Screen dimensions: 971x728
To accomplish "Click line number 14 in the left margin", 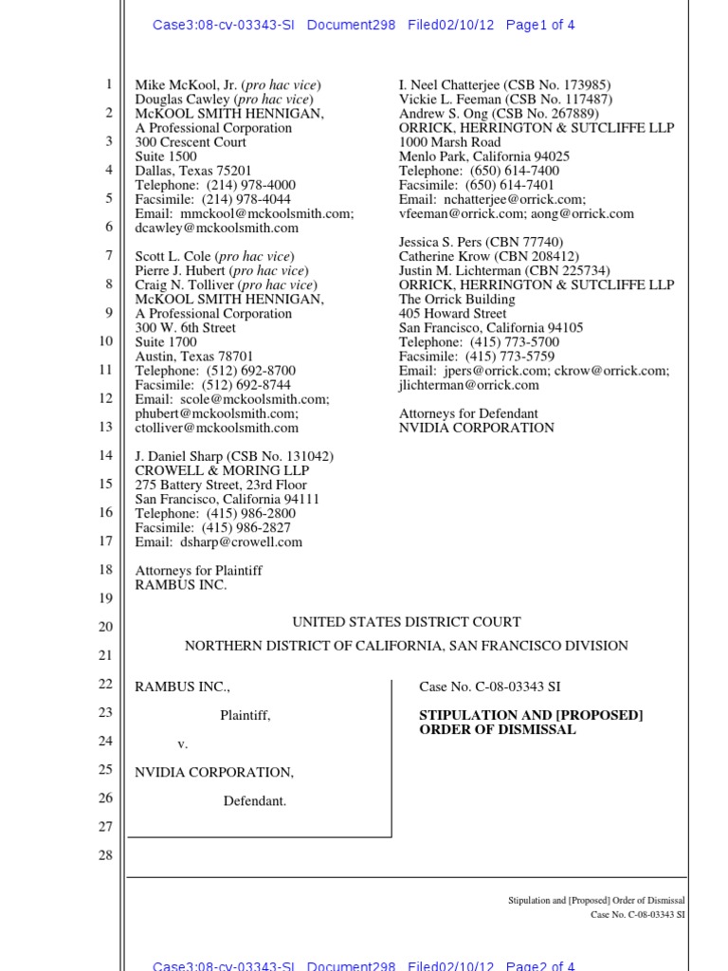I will click(x=105, y=455).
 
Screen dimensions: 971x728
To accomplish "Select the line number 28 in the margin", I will click(x=105, y=855).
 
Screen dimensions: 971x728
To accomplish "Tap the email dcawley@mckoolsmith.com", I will click(x=216, y=228).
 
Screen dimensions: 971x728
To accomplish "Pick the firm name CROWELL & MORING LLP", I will click(x=222, y=470).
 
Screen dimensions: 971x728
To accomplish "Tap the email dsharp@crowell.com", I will click(x=242, y=542).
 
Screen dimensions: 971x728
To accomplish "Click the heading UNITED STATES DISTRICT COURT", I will click(x=406, y=622).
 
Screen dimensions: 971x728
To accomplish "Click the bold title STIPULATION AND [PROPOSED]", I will click(x=531, y=715).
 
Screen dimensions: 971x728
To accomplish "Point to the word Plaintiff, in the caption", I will click(x=246, y=716).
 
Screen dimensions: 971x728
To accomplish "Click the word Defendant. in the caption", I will click(x=254, y=801).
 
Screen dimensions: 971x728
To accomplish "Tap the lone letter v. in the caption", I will click(x=183, y=744).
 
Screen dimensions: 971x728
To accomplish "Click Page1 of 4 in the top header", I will click(x=540, y=26).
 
